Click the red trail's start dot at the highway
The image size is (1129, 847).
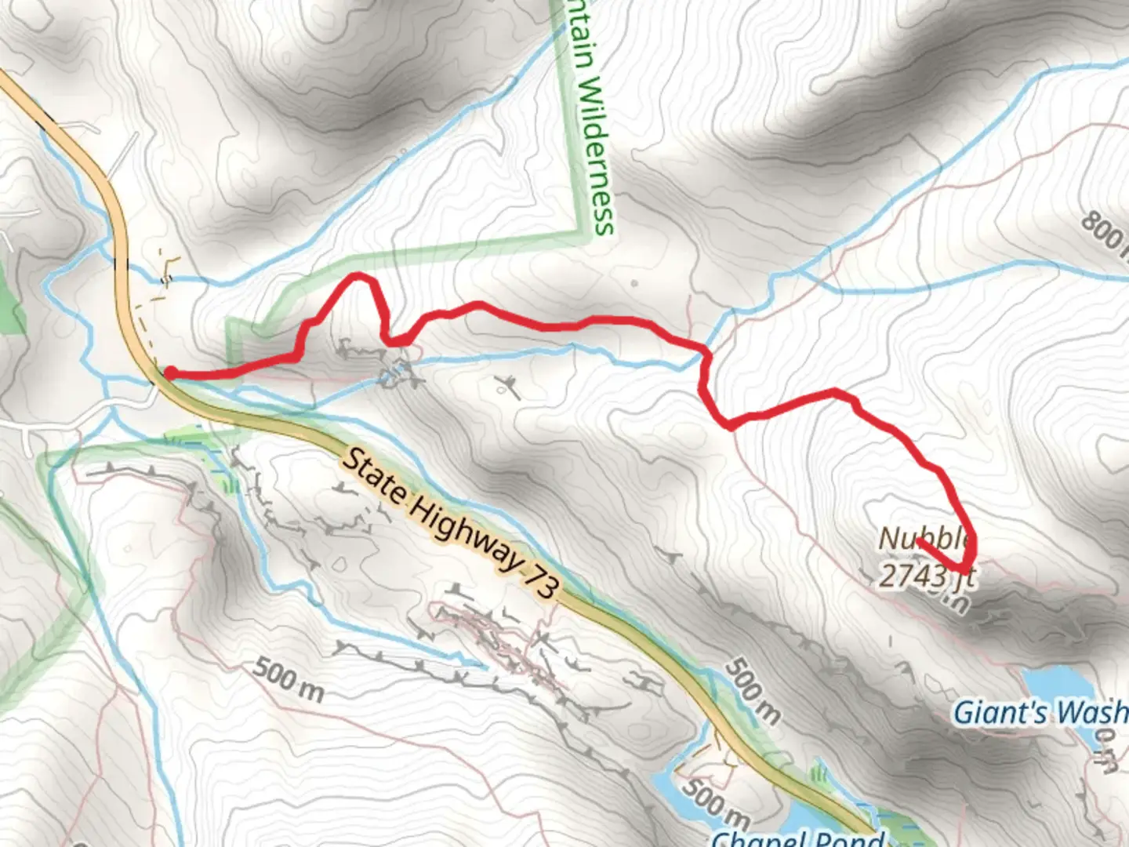(x=169, y=373)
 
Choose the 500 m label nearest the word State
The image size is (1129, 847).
(x=288, y=680)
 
